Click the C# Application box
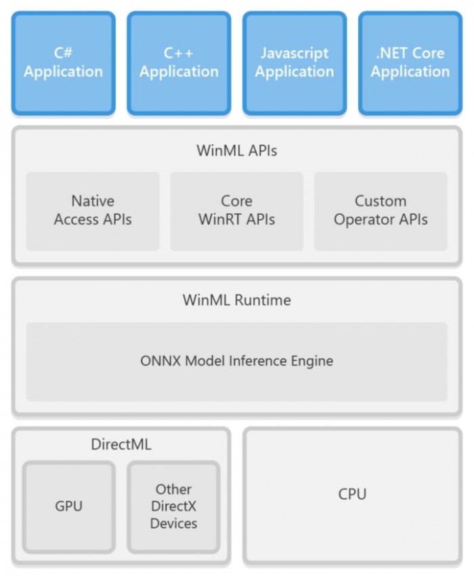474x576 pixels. [x=64, y=62]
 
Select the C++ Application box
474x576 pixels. [x=179, y=62]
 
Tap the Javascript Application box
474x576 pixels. [x=295, y=62]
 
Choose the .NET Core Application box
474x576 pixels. [x=410, y=62]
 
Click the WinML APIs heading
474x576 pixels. [x=236, y=150]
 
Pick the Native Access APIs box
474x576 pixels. [x=93, y=211]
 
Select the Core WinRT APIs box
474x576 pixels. [x=236, y=211]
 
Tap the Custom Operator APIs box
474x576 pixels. [x=381, y=211]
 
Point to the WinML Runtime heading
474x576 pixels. [x=236, y=300]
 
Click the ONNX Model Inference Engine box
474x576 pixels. [x=236, y=361]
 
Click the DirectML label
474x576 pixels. [x=121, y=445]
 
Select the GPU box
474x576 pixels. [x=68, y=506]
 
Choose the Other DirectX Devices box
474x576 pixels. [x=173, y=506]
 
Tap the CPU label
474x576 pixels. [x=352, y=494]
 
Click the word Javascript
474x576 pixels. [x=295, y=53]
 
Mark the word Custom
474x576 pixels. [x=381, y=201]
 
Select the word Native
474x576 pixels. [x=93, y=201]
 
